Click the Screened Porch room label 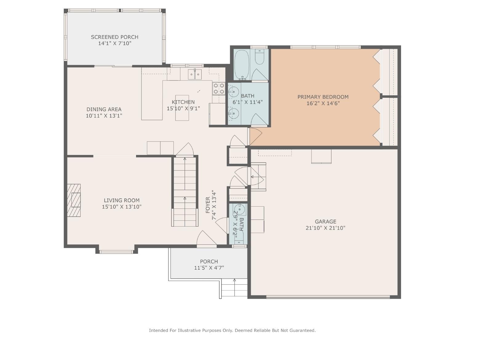(x=114, y=37)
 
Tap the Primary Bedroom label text (x=323, y=97)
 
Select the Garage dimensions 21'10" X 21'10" (x=325, y=228)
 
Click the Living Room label (x=122, y=200)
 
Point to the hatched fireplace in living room (x=74, y=200)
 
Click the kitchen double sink (x=195, y=74)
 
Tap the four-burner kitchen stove (x=219, y=89)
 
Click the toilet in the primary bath (x=260, y=57)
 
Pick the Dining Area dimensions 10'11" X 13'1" (x=104, y=116)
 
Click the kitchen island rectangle (x=182, y=108)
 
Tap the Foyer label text (x=208, y=205)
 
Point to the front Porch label (x=209, y=261)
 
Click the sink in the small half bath (x=240, y=209)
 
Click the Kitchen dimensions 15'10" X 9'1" (x=183, y=108)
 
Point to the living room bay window (x=116, y=252)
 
